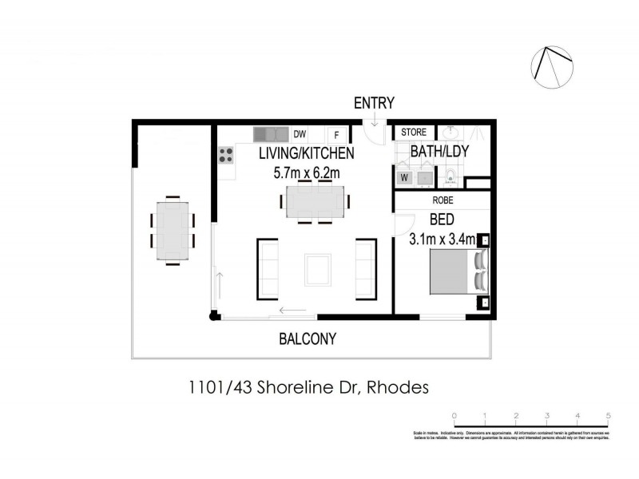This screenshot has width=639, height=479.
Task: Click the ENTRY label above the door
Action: point(375,103)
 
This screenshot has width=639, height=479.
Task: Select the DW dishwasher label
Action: point(300,134)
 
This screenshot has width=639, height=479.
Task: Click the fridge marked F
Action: point(336,135)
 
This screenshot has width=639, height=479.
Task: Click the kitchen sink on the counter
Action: point(270,134)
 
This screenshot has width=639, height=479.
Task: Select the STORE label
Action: point(414,133)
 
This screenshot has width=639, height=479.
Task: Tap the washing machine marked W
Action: point(404,177)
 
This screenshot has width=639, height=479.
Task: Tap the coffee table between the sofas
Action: point(317,269)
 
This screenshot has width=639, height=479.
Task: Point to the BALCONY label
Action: point(308,338)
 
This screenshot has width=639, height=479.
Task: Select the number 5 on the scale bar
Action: point(609,416)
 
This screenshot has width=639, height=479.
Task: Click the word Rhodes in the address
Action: point(399,388)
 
